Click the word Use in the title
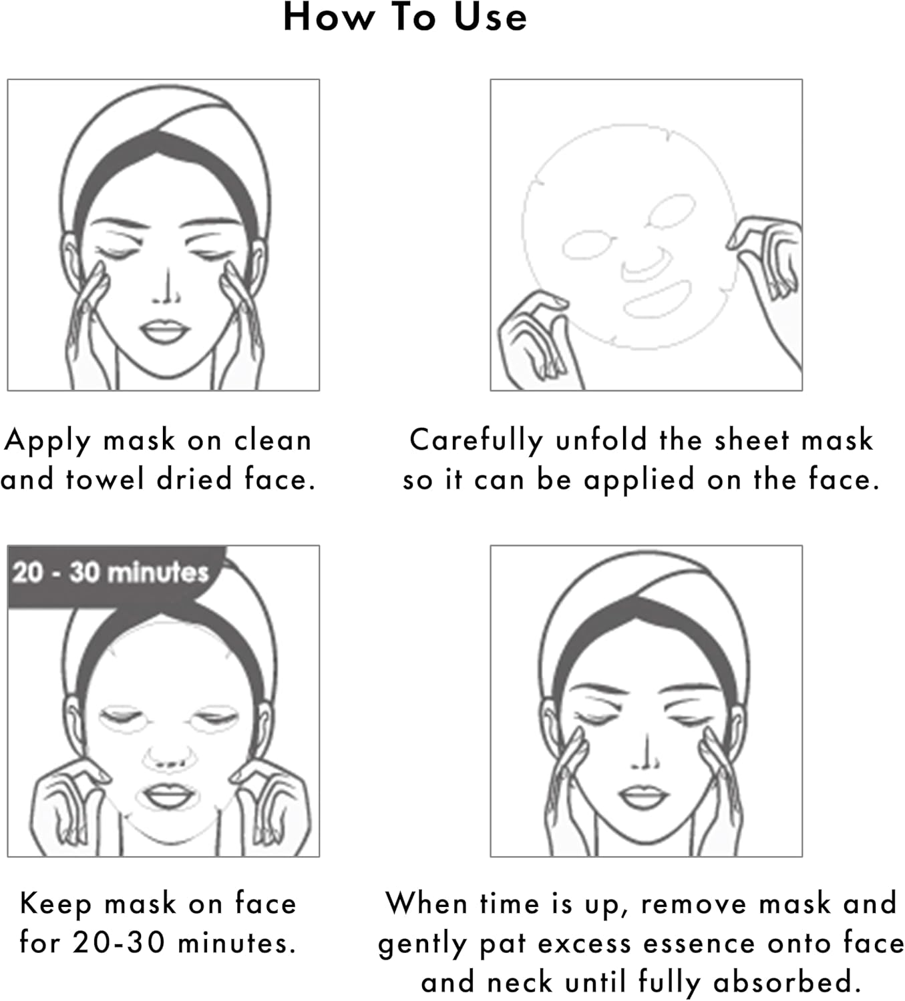pyautogui.click(x=490, y=17)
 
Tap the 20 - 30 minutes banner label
pyautogui.click(x=110, y=573)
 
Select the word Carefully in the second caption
pyautogui.click(x=476, y=441)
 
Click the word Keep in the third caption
pyautogui.click(x=55, y=904)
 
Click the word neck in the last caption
pyautogui.click(x=520, y=981)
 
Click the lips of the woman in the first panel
pyautogui.click(x=165, y=330)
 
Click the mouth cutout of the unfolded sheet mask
pyautogui.click(x=657, y=300)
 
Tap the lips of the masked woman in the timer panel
pyautogui.click(x=168, y=796)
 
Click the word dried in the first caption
pyautogui.click(x=194, y=478)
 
